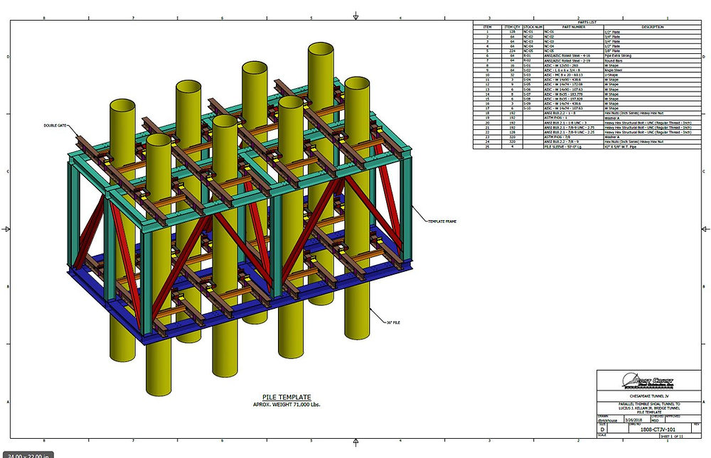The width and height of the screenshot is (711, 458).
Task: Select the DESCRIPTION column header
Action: click(643, 27)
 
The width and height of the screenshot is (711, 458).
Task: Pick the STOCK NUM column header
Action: click(533, 27)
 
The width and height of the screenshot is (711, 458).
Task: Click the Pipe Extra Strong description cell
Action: click(619, 54)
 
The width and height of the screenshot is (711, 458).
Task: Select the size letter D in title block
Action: click(602, 430)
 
